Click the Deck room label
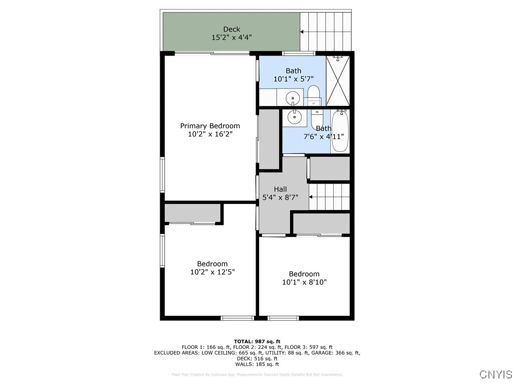(x=231, y=29)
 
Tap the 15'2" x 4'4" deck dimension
(x=231, y=37)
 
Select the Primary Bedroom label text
(x=210, y=126)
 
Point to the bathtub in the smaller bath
(x=340, y=131)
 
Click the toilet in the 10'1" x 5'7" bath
(x=314, y=95)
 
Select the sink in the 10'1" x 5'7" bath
(x=292, y=97)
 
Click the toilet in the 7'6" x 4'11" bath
(x=316, y=119)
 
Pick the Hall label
(x=280, y=189)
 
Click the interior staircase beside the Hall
(x=329, y=197)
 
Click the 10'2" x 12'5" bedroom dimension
(x=212, y=272)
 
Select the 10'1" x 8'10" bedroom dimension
(x=304, y=282)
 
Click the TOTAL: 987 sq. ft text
(x=257, y=341)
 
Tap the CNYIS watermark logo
(x=495, y=374)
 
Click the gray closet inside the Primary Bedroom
(x=269, y=139)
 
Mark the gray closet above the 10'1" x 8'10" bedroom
(x=321, y=224)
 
